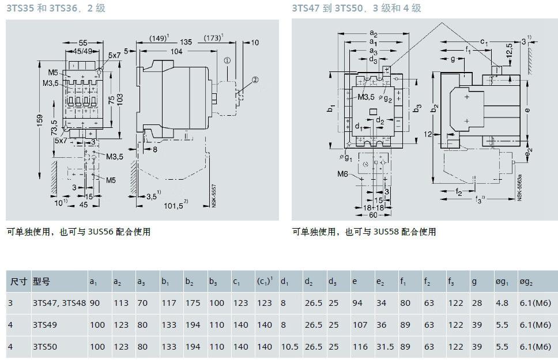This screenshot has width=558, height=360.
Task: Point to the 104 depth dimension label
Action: [176, 51]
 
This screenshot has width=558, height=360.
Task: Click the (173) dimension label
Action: [213, 39]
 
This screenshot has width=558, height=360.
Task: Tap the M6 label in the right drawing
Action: [344, 174]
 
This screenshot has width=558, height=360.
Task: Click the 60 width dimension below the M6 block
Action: [374, 215]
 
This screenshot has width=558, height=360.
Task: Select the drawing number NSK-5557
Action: [213, 195]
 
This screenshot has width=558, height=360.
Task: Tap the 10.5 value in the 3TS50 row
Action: [289, 347]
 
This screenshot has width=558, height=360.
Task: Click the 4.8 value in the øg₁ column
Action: [502, 303]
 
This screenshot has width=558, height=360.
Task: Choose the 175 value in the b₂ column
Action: [193, 303]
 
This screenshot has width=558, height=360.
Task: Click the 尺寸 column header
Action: [18, 282]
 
